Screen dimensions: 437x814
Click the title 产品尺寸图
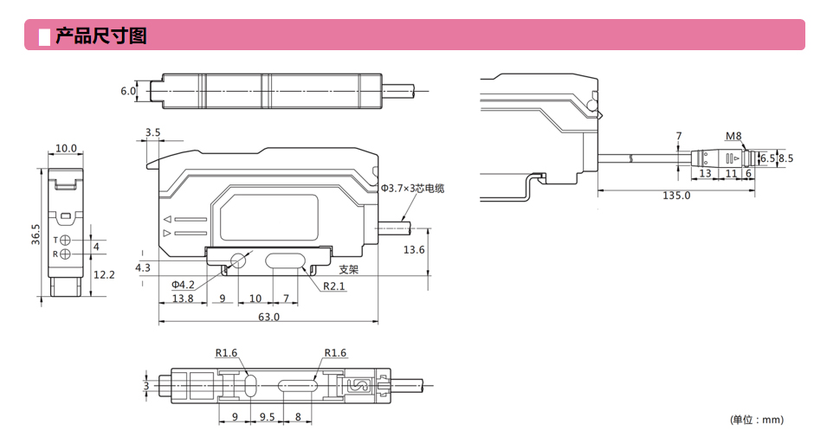100,35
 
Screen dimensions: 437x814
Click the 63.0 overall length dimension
269,317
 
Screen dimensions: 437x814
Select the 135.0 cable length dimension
675,196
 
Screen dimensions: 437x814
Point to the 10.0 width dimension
66,149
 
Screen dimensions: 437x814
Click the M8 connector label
733,136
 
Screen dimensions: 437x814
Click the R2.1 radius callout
334,286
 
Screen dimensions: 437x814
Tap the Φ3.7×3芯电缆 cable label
418,188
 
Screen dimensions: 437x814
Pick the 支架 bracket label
348,268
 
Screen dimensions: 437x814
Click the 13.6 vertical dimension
415,249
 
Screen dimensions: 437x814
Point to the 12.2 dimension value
104,274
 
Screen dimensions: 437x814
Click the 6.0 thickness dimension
128,90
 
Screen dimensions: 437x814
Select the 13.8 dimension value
183,299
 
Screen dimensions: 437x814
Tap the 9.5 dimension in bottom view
268,416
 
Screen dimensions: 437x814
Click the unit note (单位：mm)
756,420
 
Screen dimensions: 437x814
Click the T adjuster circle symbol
67,239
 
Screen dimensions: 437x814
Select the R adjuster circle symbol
67,254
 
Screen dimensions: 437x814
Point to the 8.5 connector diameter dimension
785,158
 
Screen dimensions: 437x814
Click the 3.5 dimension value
152,132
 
